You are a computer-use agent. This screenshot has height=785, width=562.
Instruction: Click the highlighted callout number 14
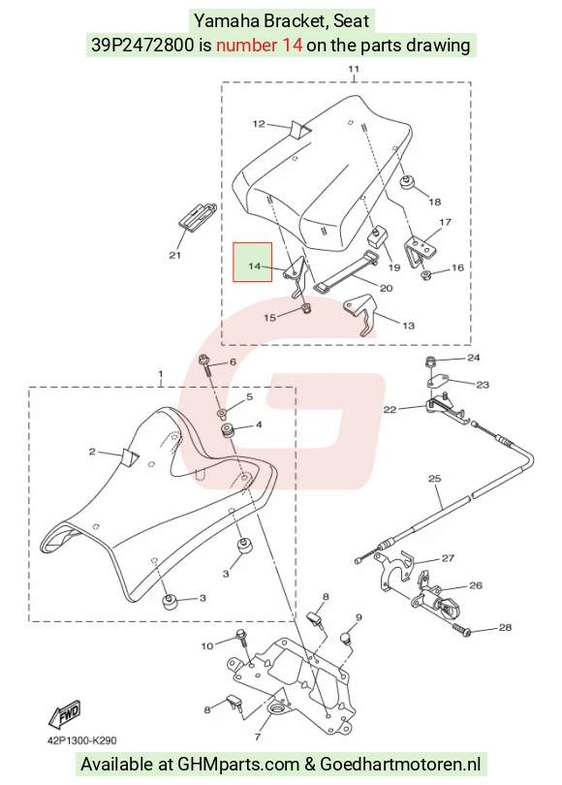(254, 266)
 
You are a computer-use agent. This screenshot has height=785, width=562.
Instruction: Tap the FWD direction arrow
(65, 714)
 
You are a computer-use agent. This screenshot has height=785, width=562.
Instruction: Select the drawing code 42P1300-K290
(82, 740)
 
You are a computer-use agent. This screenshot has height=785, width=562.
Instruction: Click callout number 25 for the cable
(435, 479)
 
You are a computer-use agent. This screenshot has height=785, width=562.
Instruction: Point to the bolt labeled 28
(461, 629)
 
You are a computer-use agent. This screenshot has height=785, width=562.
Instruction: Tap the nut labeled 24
(430, 360)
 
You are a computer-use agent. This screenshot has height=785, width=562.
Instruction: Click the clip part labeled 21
(196, 217)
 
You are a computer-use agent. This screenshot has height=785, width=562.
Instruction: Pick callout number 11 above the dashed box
(354, 69)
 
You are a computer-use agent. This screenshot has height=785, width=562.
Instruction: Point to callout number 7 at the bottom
(259, 737)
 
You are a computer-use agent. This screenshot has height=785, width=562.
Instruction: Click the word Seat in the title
(352, 20)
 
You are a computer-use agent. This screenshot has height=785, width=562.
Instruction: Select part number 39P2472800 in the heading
(142, 46)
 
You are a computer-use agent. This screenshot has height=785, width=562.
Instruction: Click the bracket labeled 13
(359, 314)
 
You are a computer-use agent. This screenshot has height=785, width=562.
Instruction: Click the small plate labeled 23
(438, 382)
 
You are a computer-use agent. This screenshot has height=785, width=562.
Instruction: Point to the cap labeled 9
(345, 638)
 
